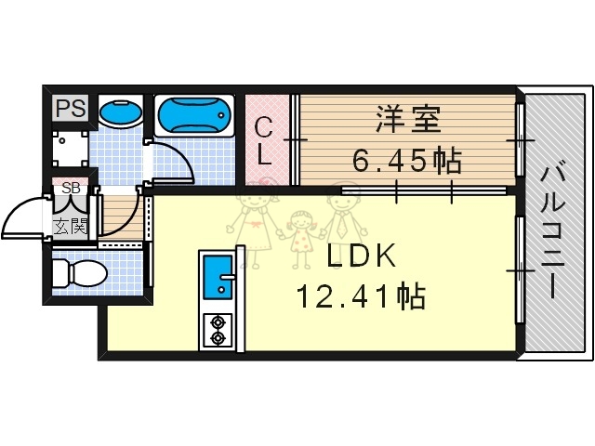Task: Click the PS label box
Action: tap(70, 108)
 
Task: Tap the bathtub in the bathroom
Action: tap(194, 117)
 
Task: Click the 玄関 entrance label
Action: tap(71, 225)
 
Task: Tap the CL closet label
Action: tap(265, 139)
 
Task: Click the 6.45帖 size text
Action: tap(406, 162)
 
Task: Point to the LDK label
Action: tap(361, 256)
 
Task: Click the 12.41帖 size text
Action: tap(361, 296)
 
